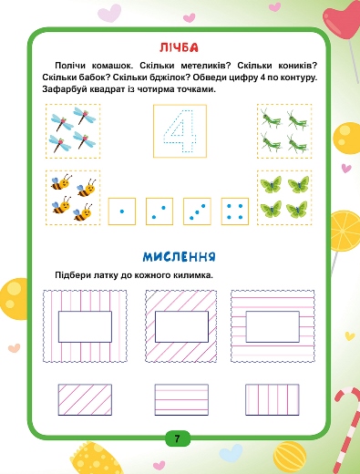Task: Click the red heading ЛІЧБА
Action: click(179, 47)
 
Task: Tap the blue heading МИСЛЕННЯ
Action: click(180, 257)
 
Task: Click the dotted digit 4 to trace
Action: click(180, 131)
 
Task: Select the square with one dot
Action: click(122, 211)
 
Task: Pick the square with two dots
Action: click(159, 211)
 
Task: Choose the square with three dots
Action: click(197, 211)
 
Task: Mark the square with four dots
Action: click(235, 211)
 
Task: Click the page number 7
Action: click(178, 438)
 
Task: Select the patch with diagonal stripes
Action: click(85, 399)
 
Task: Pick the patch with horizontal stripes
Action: click(181, 399)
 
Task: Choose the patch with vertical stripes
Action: click(273, 399)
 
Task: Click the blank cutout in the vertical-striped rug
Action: click(85, 326)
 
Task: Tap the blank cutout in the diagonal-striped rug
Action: click(181, 326)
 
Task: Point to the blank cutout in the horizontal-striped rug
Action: click(273, 326)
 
